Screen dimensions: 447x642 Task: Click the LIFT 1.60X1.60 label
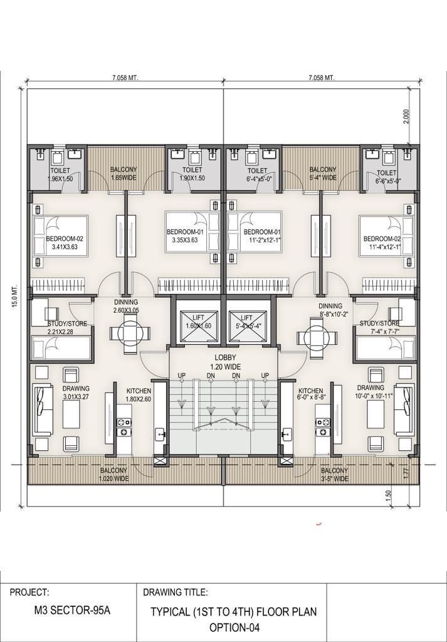pyautogui.click(x=198, y=322)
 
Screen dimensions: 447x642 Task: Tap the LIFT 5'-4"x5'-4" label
pyautogui.click(x=247, y=322)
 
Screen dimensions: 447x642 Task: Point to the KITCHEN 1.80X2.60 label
pyautogui.click(x=139, y=395)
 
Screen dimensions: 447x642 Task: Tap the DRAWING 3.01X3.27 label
pyautogui.click(x=76, y=392)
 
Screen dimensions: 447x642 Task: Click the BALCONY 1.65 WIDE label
pyautogui.click(x=124, y=173)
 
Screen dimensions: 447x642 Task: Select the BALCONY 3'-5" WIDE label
pyautogui.click(x=334, y=475)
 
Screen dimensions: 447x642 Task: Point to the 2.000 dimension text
pyautogui.click(x=406, y=116)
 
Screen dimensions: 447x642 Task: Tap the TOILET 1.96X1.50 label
pyautogui.click(x=60, y=174)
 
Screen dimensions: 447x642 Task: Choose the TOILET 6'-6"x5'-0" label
pyautogui.click(x=386, y=177)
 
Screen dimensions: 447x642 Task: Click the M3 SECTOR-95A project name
pyautogui.click(x=72, y=611)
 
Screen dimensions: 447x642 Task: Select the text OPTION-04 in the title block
pyautogui.click(x=234, y=627)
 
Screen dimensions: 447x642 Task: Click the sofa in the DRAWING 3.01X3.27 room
pyautogui.click(x=43, y=409)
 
